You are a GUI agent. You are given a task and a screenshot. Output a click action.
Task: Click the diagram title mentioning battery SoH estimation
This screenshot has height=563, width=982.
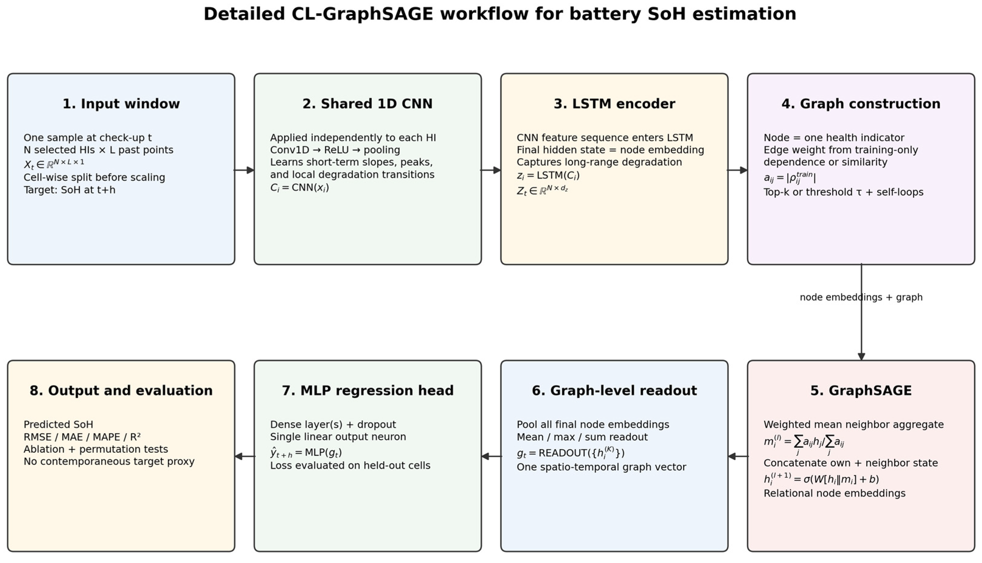[500, 14]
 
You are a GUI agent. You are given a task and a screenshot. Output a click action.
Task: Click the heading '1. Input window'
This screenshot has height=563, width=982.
[121, 104]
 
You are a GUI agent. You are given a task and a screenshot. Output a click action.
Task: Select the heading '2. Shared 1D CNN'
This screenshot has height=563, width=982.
[368, 104]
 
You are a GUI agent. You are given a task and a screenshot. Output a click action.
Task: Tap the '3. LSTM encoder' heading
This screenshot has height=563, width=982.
[614, 104]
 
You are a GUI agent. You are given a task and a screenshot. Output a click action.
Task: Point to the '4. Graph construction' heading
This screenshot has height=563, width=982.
[861, 104]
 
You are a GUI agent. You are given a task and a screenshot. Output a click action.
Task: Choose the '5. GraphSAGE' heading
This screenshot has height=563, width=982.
[861, 390]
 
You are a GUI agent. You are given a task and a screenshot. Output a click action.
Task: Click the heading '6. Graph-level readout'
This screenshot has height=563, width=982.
[614, 390]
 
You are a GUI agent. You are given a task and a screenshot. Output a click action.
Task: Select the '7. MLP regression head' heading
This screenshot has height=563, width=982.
[368, 390]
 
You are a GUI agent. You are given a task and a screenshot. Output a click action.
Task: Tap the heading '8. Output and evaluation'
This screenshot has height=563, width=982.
[121, 390]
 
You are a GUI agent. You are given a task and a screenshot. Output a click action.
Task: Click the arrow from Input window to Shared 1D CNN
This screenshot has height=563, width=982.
[244, 170]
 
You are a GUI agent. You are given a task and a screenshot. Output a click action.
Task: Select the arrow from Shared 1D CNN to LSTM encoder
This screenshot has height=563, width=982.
[491, 170]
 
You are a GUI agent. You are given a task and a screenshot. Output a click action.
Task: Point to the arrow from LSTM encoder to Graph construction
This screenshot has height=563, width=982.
[738, 170]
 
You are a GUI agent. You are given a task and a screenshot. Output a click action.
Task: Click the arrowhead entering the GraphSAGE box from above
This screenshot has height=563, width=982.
[861, 356]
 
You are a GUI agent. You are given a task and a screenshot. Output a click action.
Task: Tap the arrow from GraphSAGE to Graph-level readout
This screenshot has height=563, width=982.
[738, 456]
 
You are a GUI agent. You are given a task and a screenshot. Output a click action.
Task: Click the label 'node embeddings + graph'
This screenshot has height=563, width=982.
[861, 297]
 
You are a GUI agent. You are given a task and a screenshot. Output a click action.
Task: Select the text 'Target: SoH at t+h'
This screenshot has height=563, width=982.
[70, 190]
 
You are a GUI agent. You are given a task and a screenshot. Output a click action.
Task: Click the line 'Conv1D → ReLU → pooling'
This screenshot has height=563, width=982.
[335, 150]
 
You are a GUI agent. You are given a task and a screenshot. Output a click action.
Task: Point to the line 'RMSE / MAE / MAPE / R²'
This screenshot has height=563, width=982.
[82, 437]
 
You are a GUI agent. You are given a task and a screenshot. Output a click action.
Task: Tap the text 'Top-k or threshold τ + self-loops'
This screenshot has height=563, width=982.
[843, 192]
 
